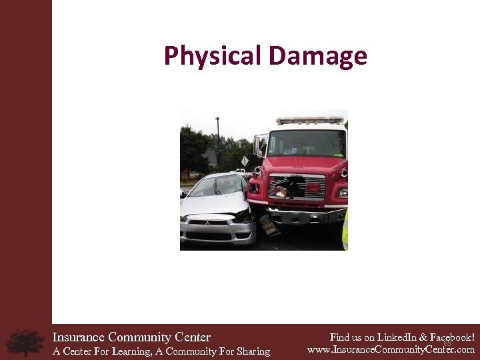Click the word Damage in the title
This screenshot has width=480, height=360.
pyautogui.click(x=317, y=56)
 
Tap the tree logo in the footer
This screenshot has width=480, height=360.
pyautogui.click(x=25, y=342)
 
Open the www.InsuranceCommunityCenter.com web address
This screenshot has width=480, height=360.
pyautogui.click(x=391, y=349)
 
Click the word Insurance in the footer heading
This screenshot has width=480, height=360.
pyautogui.click(x=79, y=337)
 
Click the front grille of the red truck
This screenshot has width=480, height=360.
pyautogui.click(x=297, y=187)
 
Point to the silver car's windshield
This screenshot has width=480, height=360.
pyautogui.click(x=215, y=185)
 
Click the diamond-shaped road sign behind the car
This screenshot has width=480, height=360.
pyautogui.click(x=245, y=161)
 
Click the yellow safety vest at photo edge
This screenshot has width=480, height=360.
pyautogui.click(x=345, y=230)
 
